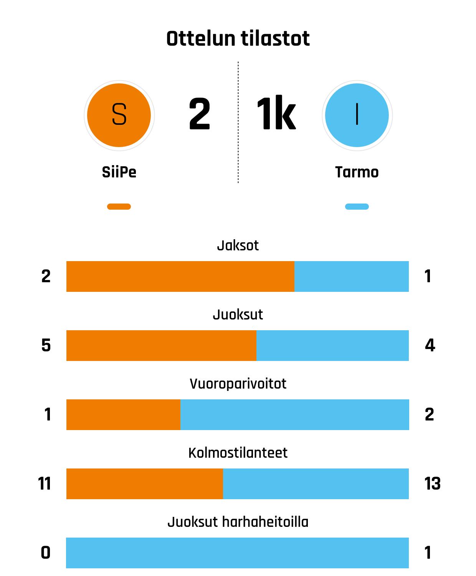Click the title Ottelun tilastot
coord(238,39)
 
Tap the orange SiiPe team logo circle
coord(119,115)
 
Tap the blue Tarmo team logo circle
coord(357,115)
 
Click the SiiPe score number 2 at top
coord(200,114)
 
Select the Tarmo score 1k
coord(276,114)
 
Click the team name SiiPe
coord(119,172)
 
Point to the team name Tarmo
coord(357,172)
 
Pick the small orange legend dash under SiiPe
coord(119,207)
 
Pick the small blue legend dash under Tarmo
coord(357,207)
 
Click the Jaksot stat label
coord(238,245)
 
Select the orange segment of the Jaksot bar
coord(180,276)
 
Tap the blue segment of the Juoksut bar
coord(332,346)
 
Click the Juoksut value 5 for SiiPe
coord(46,346)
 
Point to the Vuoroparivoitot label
coord(238,384)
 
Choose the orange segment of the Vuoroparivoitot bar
coord(123,415)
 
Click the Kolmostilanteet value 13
coord(432,484)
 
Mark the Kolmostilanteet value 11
coord(45,484)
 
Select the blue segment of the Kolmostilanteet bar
coord(316,484)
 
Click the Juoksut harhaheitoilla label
coord(238,522)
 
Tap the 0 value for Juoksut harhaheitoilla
coord(46,553)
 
